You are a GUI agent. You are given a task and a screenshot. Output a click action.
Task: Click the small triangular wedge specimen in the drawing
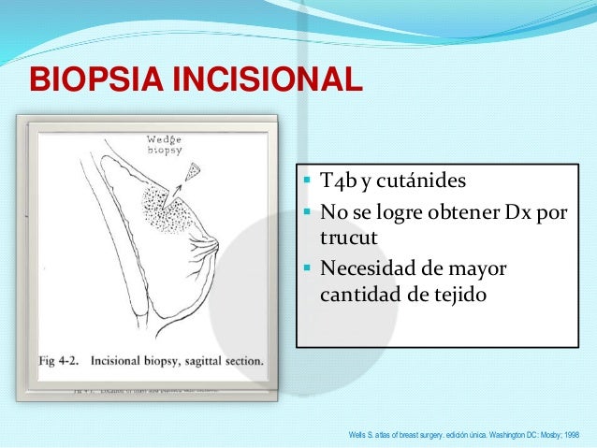[194, 171]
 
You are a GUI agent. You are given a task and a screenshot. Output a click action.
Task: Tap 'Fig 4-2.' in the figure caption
[66, 359]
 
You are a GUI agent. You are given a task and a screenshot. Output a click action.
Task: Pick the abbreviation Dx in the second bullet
[518, 212]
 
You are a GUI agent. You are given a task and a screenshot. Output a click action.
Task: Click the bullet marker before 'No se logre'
[309, 212]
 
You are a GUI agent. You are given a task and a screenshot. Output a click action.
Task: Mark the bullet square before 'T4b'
[309, 181]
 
